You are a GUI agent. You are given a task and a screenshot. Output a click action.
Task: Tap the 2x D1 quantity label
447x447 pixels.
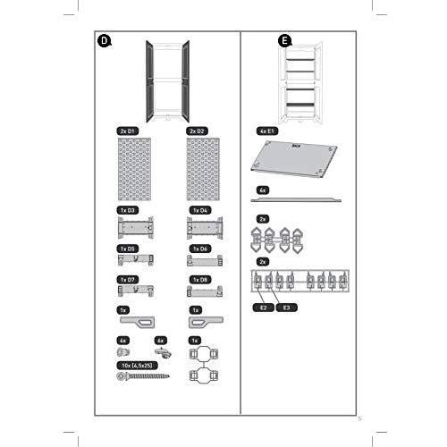[x=129, y=131]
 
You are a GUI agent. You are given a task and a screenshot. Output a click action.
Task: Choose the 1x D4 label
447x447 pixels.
[x=198, y=211]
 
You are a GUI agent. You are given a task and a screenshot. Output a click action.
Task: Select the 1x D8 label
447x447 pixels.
[x=198, y=279]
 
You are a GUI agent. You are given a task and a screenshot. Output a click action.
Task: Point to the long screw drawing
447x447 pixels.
[x=141, y=377]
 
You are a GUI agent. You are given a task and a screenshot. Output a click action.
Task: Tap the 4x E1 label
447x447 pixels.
[x=268, y=131]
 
